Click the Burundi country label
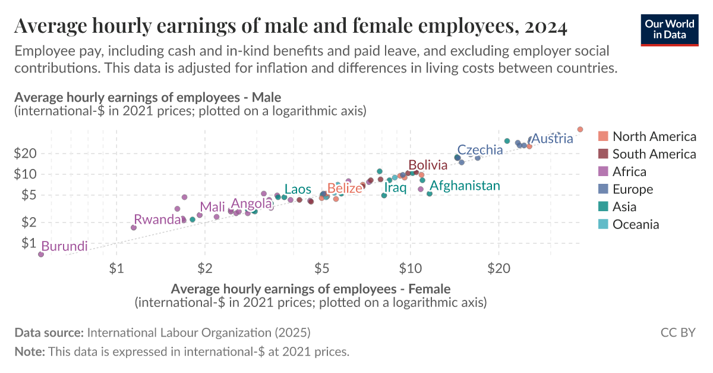64,246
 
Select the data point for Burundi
41,254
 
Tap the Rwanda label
157,220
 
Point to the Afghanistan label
465,186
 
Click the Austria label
552,139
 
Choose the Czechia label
480,150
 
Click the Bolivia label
428,165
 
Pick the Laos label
298,189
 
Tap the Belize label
345,189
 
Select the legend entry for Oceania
636,224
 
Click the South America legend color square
603,154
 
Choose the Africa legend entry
629,172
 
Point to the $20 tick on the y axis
25,153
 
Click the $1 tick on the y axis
29,243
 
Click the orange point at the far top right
581,129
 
